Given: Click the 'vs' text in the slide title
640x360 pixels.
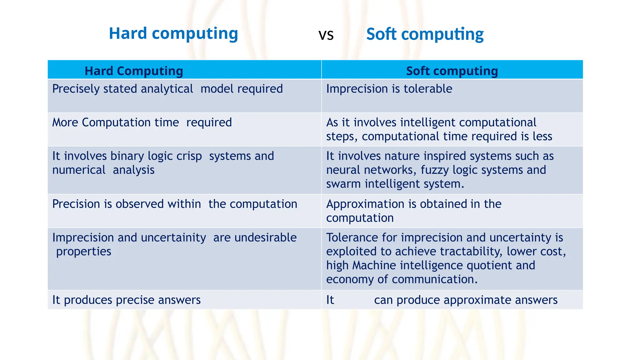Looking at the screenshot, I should [x=326, y=35].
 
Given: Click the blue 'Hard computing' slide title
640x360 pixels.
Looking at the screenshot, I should [x=173, y=33].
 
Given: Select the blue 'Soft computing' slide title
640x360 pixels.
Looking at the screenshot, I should [x=425, y=34].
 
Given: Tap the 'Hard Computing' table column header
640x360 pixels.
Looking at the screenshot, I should [x=134, y=71].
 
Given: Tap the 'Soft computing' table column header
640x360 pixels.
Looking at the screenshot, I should [x=452, y=71].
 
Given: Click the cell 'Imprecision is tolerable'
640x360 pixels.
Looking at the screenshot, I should [x=389, y=89].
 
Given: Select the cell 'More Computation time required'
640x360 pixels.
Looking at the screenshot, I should [x=142, y=122].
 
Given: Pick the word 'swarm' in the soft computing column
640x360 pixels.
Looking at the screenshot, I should [x=343, y=184].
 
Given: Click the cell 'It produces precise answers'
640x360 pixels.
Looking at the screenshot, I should [x=126, y=300].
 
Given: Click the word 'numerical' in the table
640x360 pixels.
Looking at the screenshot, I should [x=79, y=170].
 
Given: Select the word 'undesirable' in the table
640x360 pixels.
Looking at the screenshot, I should [x=265, y=238].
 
